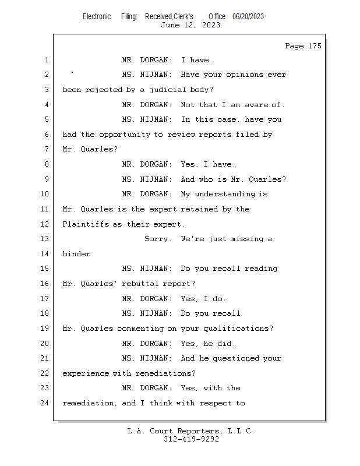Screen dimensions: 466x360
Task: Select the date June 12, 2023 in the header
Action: pyautogui.click(x=190, y=24)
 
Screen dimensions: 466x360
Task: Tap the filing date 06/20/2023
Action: pyautogui.click(x=248, y=16)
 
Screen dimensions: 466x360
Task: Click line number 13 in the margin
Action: pyautogui.click(x=45, y=239)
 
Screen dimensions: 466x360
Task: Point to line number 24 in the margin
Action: pyautogui.click(x=45, y=403)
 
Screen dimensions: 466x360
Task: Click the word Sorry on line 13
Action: pyautogui.click(x=158, y=239)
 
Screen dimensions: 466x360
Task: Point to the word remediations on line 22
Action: pyautogui.click(x=165, y=373)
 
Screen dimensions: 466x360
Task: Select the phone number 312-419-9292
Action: pyautogui.click(x=191, y=439)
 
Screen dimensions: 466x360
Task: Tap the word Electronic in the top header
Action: pyautogui.click(x=97, y=16)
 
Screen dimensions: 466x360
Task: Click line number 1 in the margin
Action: pyautogui.click(x=45, y=60)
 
